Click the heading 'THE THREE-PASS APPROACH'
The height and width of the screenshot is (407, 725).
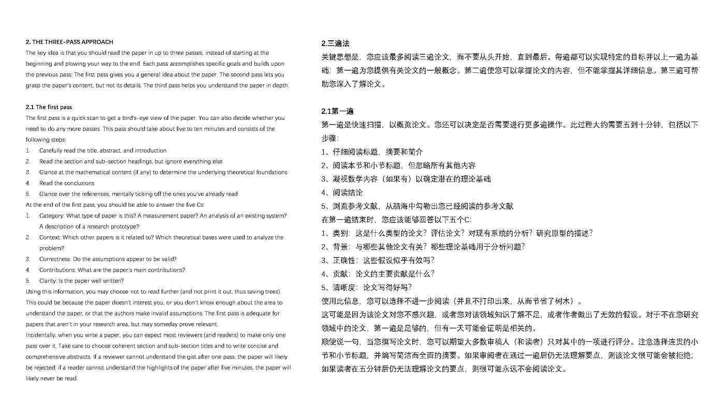[x=72, y=42]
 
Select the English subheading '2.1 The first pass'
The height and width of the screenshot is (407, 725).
[x=49, y=107]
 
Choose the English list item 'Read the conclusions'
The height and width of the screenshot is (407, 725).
[x=67, y=183]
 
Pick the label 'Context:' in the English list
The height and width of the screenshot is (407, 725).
[x=50, y=237]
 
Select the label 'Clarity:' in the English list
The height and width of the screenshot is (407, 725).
[x=48, y=281]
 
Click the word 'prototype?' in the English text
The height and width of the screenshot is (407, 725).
[x=126, y=227]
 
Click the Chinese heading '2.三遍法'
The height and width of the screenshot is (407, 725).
[x=335, y=43]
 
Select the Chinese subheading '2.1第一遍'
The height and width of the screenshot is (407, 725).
[x=337, y=111]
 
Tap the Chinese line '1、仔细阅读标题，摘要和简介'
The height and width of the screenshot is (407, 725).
[x=372, y=152]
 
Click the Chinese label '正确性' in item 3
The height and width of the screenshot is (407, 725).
[x=344, y=260]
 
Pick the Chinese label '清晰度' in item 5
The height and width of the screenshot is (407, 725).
[x=344, y=288]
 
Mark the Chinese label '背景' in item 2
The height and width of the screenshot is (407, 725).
[x=340, y=247]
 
